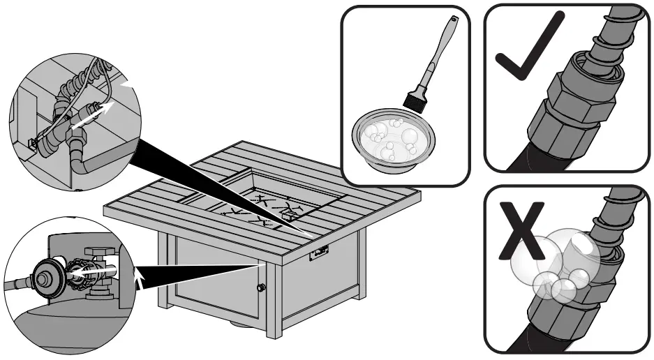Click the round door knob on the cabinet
262,287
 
